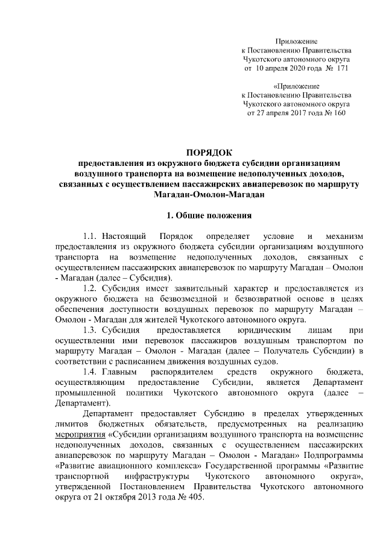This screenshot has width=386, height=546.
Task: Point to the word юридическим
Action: tap(250, 331)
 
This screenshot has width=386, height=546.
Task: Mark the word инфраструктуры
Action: tap(153, 477)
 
